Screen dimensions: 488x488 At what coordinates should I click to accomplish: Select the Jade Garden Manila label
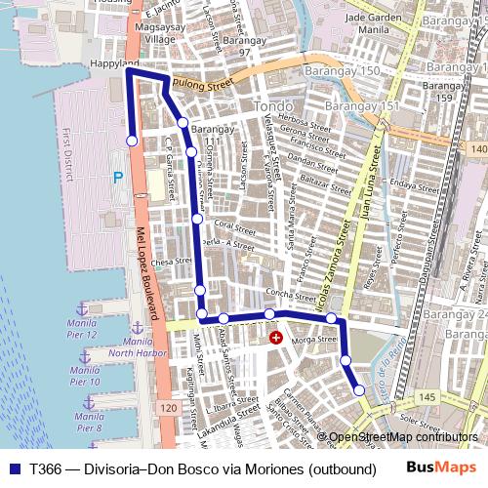(373, 22)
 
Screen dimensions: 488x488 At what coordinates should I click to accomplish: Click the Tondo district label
(267, 105)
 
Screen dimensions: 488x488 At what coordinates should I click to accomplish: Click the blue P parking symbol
(117, 178)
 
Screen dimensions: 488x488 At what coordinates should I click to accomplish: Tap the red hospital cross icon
(276, 338)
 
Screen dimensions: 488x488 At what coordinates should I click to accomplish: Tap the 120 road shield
(169, 406)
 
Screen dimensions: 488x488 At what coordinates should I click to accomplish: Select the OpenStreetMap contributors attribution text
(404, 438)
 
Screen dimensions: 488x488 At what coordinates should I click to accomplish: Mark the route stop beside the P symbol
(132, 141)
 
